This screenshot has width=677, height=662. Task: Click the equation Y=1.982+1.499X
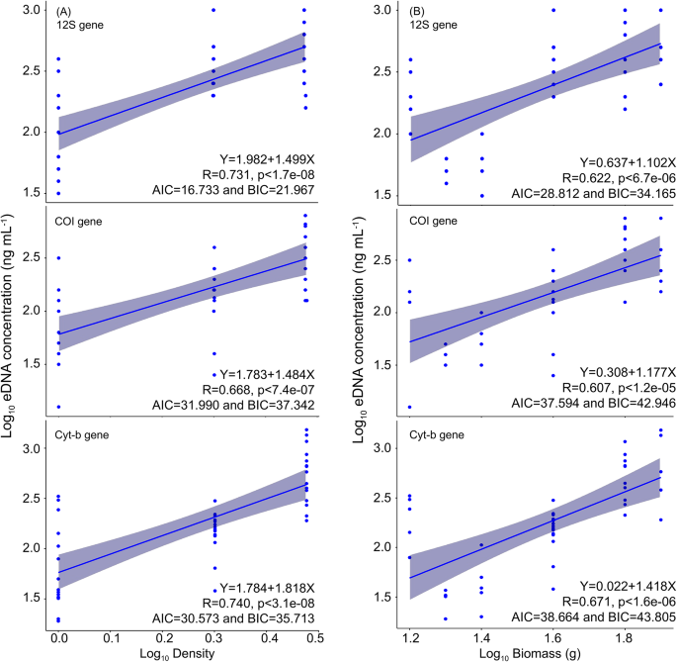point(267,159)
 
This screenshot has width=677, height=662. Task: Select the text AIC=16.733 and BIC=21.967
point(233,190)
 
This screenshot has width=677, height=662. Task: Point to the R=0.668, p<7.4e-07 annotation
point(259,390)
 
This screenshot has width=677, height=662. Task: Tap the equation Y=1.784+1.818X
point(267,588)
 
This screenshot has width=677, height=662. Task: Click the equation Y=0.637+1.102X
point(628,162)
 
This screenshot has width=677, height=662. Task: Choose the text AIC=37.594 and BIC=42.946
point(594,403)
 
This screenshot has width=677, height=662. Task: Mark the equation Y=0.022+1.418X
point(628,587)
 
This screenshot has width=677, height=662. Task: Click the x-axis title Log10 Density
point(177,653)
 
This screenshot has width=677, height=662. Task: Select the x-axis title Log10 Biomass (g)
point(530,653)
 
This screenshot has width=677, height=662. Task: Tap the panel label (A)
point(63,11)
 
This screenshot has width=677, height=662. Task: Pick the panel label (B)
point(417,11)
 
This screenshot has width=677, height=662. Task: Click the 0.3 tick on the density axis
point(213,638)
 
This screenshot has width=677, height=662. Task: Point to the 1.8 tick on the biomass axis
point(625,637)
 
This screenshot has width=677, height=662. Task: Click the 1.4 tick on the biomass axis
point(481,637)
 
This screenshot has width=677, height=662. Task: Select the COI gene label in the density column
point(78,222)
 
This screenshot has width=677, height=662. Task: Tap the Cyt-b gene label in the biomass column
point(437,434)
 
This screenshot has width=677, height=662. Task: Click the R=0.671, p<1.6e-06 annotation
point(619,602)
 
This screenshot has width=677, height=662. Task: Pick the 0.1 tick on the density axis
point(112,638)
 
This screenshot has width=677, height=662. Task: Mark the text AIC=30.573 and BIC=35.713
point(233,618)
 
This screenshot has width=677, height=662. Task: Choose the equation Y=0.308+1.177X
point(628,372)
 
